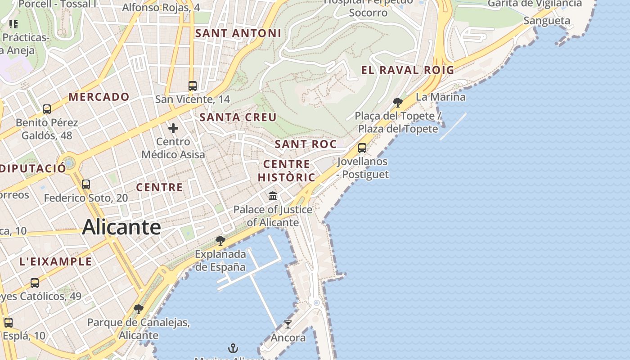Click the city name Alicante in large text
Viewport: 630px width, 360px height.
pos(121,227)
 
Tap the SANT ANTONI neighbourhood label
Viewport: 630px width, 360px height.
pos(238,33)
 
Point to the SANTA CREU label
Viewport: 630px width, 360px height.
pos(238,117)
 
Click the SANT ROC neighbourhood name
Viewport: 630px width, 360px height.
pos(306,144)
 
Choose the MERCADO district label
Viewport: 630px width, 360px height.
pos(99,97)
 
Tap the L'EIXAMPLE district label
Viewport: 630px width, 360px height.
pos(56,261)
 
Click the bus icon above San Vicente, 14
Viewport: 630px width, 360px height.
pos(193,85)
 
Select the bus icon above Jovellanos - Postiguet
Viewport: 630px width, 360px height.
pos(362,148)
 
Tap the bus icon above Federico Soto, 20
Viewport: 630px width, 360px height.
pos(86,184)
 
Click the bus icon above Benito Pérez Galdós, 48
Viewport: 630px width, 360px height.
pos(47,109)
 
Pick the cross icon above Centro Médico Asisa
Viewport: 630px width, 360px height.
pos(173,128)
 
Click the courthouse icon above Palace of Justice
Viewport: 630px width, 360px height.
pos(273,196)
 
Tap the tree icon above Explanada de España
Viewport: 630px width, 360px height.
pos(220,240)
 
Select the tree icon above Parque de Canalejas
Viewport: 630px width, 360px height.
pos(139,309)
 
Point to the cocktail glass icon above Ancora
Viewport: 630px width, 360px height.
pos(288,324)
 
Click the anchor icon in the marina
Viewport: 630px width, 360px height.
pos(233,348)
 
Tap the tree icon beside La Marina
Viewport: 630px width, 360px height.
pos(397,102)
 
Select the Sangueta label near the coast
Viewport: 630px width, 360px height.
pos(547,21)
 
